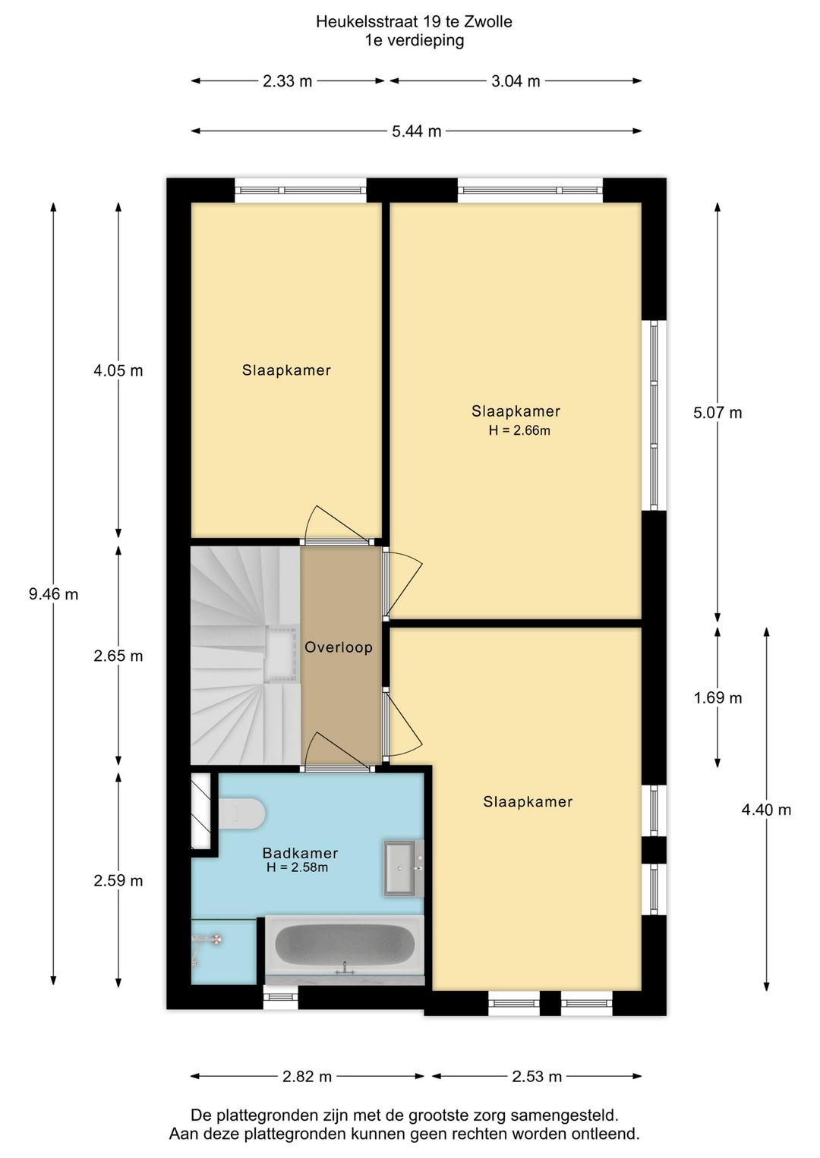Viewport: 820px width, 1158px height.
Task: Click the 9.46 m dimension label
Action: click(53, 594)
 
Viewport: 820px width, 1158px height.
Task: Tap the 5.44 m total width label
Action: click(417, 131)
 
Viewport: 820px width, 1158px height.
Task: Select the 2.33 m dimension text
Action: click(287, 81)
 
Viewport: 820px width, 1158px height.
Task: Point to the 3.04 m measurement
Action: click(516, 81)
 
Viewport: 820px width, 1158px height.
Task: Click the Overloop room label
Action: click(339, 647)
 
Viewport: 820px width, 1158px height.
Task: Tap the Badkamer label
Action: click(300, 853)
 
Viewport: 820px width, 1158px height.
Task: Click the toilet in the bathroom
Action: click(241, 813)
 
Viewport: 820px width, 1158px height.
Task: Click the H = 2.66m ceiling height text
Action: click(519, 430)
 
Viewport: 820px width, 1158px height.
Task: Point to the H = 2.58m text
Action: click(298, 867)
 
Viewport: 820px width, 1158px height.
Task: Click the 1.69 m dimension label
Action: click(717, 698)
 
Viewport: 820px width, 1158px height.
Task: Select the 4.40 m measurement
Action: click(766, 810)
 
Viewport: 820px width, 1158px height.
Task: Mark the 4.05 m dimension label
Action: click(118, 371)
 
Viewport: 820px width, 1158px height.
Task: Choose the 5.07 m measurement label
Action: click(717, 413)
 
